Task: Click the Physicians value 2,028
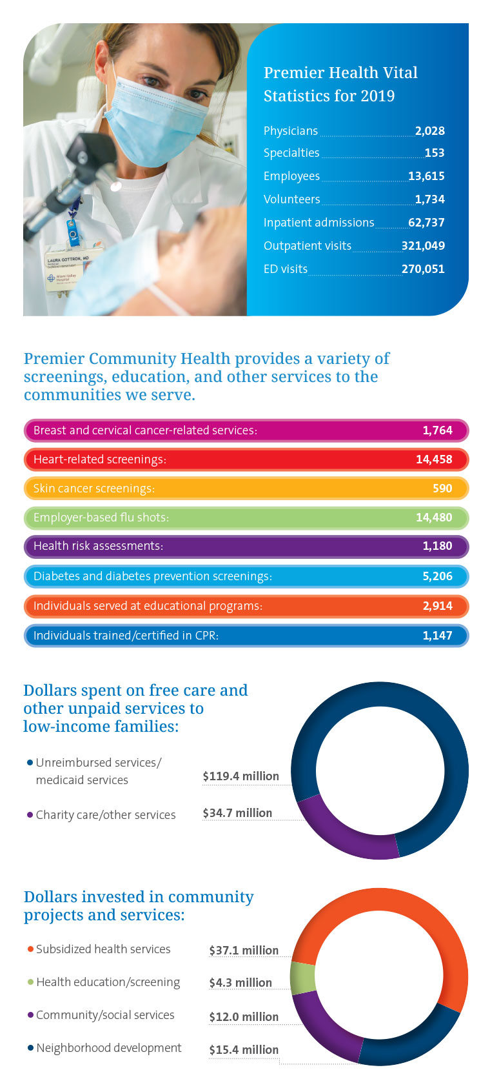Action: click(429, 131)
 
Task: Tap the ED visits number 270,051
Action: click(423, 269)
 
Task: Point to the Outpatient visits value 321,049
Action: click(423, 246)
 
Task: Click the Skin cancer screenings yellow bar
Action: click(245, 489)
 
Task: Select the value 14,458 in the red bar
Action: click(434, 459)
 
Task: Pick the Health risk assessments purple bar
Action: click(245, 547)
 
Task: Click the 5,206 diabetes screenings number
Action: click(437, 576)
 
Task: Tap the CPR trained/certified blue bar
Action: click(245, 636)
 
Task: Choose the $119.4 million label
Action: click(240, 776)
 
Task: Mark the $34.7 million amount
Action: click(237, 813)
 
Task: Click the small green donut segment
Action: click(302, 978)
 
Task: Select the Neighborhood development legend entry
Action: click(108, 1048)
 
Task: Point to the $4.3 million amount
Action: click(240, 983)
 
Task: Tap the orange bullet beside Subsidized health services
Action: click(30, 949)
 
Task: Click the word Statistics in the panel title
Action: click(296, 96)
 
